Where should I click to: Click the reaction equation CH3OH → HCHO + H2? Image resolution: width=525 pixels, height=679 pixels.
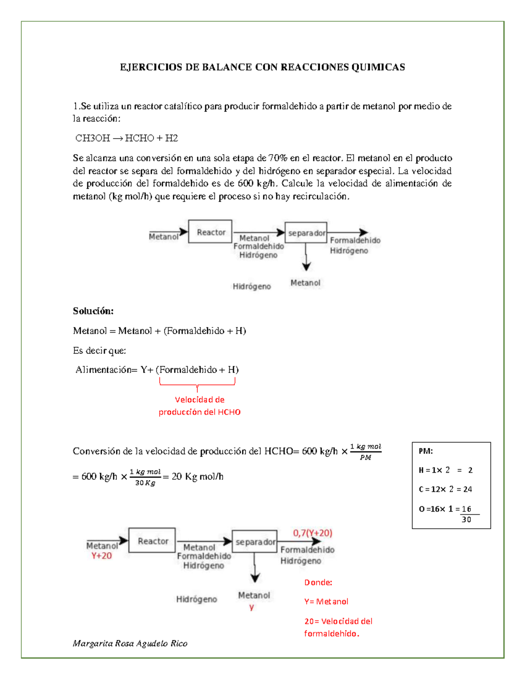(x=126, y=138)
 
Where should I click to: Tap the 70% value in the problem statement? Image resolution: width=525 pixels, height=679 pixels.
(x=277, y=158)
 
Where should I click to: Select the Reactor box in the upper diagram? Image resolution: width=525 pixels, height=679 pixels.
(x=210, y=232)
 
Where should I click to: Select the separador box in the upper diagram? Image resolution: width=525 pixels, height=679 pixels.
(x=306, y=233)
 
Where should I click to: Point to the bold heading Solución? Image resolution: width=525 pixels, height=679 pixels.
(x=93, y=311)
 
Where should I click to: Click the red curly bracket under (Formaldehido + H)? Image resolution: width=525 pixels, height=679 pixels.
(x=197, y=383)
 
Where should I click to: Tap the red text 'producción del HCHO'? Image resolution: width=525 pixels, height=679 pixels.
(x=199, y=412)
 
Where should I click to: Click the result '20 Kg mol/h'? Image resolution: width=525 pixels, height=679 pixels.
(x=197, y=477)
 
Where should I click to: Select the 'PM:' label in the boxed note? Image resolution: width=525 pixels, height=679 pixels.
(x=426, y=451)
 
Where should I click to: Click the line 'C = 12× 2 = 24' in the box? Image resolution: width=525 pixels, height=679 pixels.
(x=445, y=489)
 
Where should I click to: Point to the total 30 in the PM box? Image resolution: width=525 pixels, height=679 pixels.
(x=466, y=519)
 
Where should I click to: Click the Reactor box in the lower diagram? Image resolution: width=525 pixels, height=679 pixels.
(x=152, y=541)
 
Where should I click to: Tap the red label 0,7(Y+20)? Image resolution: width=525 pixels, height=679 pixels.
(x=312, y=533)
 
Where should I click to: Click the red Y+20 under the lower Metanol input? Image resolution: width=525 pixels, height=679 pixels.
(x=101, y=556)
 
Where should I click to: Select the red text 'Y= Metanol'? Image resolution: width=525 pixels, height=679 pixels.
(x=326, y=602)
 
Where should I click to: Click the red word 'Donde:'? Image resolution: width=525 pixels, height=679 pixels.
(x=318, y=582)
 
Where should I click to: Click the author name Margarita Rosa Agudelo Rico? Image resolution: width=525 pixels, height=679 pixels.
(x=130, y=643)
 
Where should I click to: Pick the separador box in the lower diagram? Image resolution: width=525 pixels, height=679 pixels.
(x=255, y=542)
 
